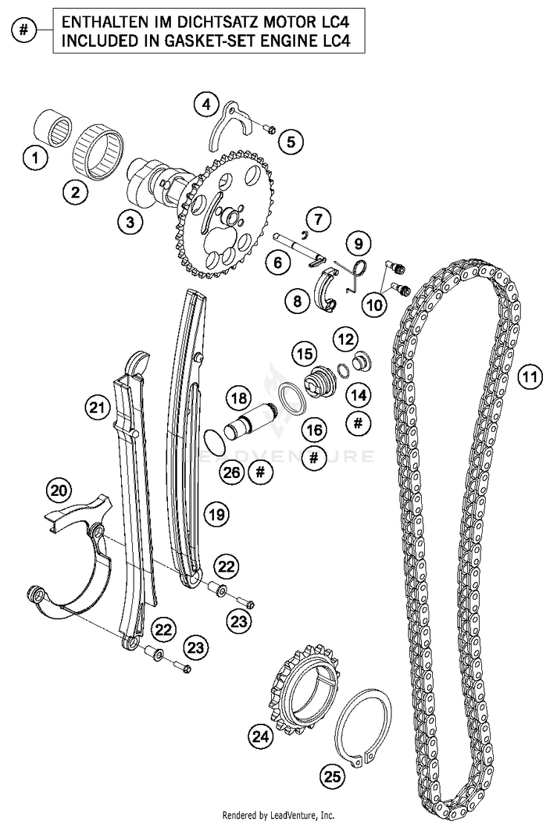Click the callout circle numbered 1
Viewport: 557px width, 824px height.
(36, 157)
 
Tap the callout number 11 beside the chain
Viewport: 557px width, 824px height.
(530, 376)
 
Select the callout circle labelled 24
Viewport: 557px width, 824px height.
(261, 736)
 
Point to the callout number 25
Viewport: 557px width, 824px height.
(333, 776)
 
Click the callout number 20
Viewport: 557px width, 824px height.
(59, 490)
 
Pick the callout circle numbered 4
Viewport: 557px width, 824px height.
(206, 105)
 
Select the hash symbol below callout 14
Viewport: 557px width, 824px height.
(358, 423)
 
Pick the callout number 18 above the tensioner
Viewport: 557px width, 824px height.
(239, 399)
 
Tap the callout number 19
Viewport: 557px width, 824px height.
(216, 514)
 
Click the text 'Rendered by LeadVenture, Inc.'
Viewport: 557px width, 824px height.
(278, 816)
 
